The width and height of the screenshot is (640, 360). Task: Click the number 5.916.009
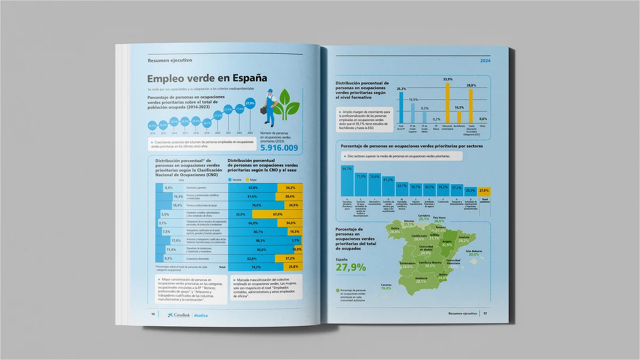tap(279, 148)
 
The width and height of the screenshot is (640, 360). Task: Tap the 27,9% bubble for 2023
tap(250, 103)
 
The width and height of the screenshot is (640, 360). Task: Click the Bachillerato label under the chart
tap(460, 127)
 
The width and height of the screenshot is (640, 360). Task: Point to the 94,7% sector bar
tap(347, 181)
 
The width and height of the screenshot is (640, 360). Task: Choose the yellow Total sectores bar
tap(484, 191)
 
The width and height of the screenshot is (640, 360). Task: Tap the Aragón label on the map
tap(447, 241)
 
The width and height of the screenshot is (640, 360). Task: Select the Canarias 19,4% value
tap(386, 289)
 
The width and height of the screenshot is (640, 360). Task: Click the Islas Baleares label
tap(474, 251)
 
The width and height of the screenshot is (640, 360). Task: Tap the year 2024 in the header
tap(485, 61)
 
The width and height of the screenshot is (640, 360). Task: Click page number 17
tap(485, 313)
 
